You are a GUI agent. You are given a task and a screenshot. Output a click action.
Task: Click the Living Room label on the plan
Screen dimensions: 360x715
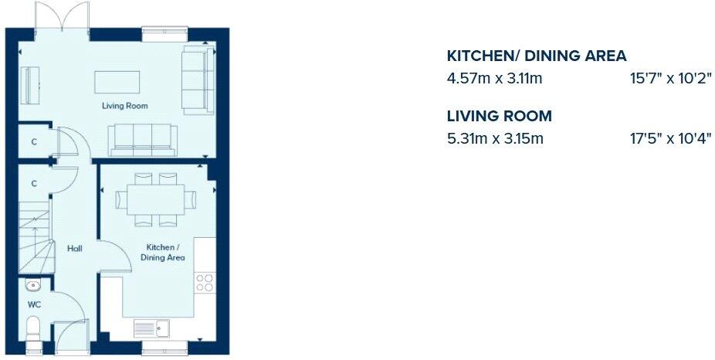click(x=124, y=106)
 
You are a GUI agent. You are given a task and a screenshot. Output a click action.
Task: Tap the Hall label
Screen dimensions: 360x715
click(x=75, y=248)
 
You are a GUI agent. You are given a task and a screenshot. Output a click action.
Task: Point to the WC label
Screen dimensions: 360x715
click(x=34, y=304)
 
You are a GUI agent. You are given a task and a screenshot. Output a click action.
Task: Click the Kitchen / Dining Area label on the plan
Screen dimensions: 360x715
click(x=163, y=253)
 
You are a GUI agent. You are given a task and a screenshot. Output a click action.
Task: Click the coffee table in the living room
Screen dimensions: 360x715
click(x=117, y=82)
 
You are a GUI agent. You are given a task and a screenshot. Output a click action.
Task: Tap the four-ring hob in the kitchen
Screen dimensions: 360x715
click(x=205, y=283)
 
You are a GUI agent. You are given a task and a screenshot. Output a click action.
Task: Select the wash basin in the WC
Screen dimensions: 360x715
click(x=32, y=285)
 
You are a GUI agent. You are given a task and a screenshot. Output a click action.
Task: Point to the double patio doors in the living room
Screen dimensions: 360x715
click(x=63, y=17)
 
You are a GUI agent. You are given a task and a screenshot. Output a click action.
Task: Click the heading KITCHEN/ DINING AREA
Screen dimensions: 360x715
click(x=537, y=56)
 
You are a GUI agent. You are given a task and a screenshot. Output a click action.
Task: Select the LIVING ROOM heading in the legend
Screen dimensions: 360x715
click(x=500, y=117)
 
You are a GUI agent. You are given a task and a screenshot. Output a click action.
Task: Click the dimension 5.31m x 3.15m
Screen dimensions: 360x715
click(x=495, y=139)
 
